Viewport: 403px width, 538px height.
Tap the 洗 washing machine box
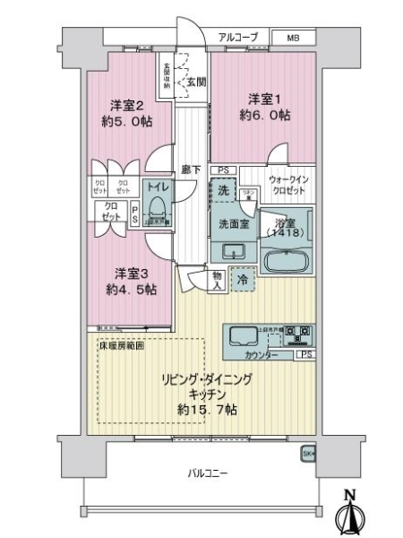pyautogui.click(x=225, y=190)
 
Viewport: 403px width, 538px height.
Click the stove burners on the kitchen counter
pyautogui.click(x=298, y=336)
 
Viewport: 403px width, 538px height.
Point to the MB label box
pyautogui.click(x=295, y=38)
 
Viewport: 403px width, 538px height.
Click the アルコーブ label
pyautogui.click(x=239, y=37)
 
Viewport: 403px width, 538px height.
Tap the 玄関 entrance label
pyautogui.click(x=196, y=82)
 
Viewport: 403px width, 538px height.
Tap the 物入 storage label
pyautogui.click(x=219, y=280)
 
